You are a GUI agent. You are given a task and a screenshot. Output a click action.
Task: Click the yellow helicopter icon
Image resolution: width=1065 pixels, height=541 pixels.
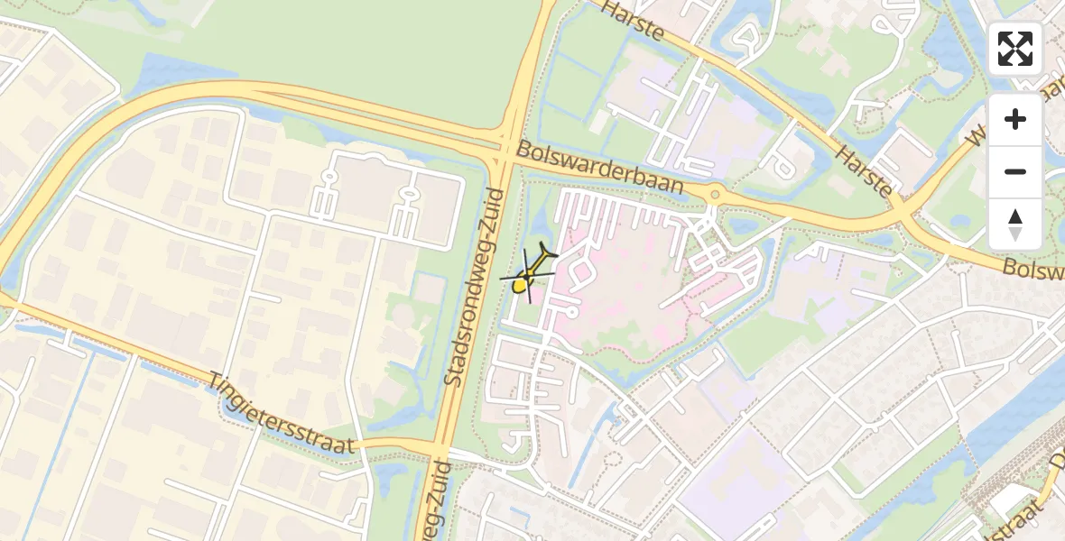click(529, 272)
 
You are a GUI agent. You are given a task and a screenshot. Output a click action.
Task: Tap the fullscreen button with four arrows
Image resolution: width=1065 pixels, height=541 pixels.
click(1015, 49)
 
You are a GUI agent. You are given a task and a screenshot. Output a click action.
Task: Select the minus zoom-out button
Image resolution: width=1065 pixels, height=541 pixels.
click(1015, 171)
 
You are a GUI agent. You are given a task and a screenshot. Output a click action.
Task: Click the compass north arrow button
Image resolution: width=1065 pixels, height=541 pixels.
click(1015, 224)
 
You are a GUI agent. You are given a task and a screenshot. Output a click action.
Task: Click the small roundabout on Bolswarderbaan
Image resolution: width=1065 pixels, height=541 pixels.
click(715, 193)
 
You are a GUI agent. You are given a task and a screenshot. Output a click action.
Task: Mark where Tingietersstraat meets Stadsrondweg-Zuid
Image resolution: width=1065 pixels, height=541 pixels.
click(440, 448)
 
